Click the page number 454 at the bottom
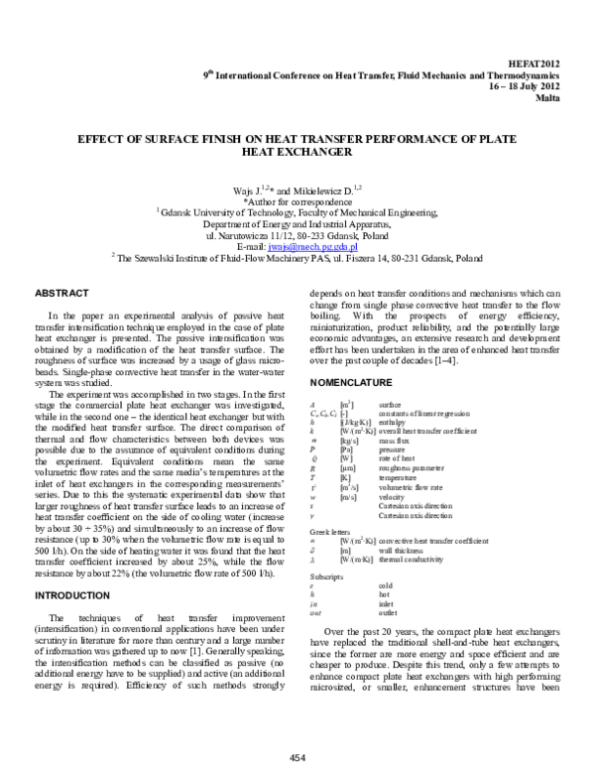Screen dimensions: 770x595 [297, 757]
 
